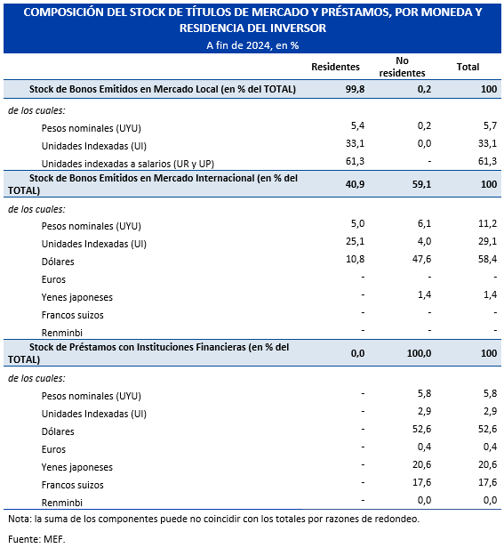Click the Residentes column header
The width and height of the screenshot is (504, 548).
[x=335, y=67]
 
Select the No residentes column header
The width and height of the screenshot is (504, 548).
[x=402, y=67]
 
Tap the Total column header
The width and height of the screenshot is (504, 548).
[x=468, y=67]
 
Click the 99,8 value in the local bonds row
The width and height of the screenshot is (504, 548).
[x=355, y=89]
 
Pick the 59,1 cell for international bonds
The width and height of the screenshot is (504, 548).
[x=421, y=184]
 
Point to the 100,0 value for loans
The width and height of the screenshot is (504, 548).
[x=419, y=353]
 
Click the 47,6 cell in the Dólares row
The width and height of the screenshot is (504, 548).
[x=421, y=259]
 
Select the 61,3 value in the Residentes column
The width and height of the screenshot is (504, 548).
[x=355, y=161]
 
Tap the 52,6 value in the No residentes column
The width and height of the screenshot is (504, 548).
[x=421, y=429]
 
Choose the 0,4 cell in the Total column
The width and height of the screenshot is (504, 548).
[x=490, y=447]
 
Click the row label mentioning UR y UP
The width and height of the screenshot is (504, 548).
[x=127, y=164]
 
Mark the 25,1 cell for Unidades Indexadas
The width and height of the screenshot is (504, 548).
[x=355, y=241]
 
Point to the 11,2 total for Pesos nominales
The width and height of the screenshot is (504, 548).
[x=487, y=223]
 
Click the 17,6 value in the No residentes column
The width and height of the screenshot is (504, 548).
[x=421, y=482]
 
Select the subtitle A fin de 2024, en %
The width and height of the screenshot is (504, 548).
[x=252, y=45]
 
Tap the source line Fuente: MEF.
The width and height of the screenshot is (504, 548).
[x=36, y=539]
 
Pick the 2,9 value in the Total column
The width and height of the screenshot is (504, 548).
[x=490, y=411]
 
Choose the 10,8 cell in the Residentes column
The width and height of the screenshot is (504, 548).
[x=355, y=259]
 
